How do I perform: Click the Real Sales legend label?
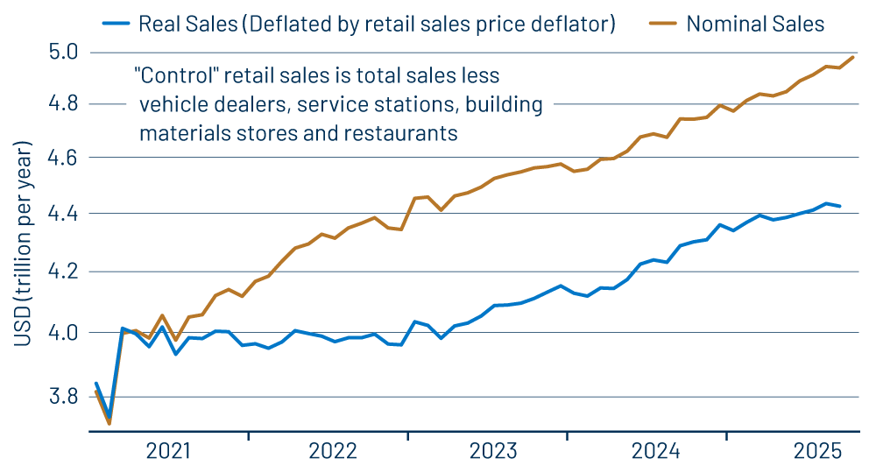click(x=377, y=24)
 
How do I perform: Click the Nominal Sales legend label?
click(x=755, y=24)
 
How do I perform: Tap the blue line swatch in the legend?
click(x=114, y=24)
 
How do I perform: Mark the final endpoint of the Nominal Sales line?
click(x=853, y=57)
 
